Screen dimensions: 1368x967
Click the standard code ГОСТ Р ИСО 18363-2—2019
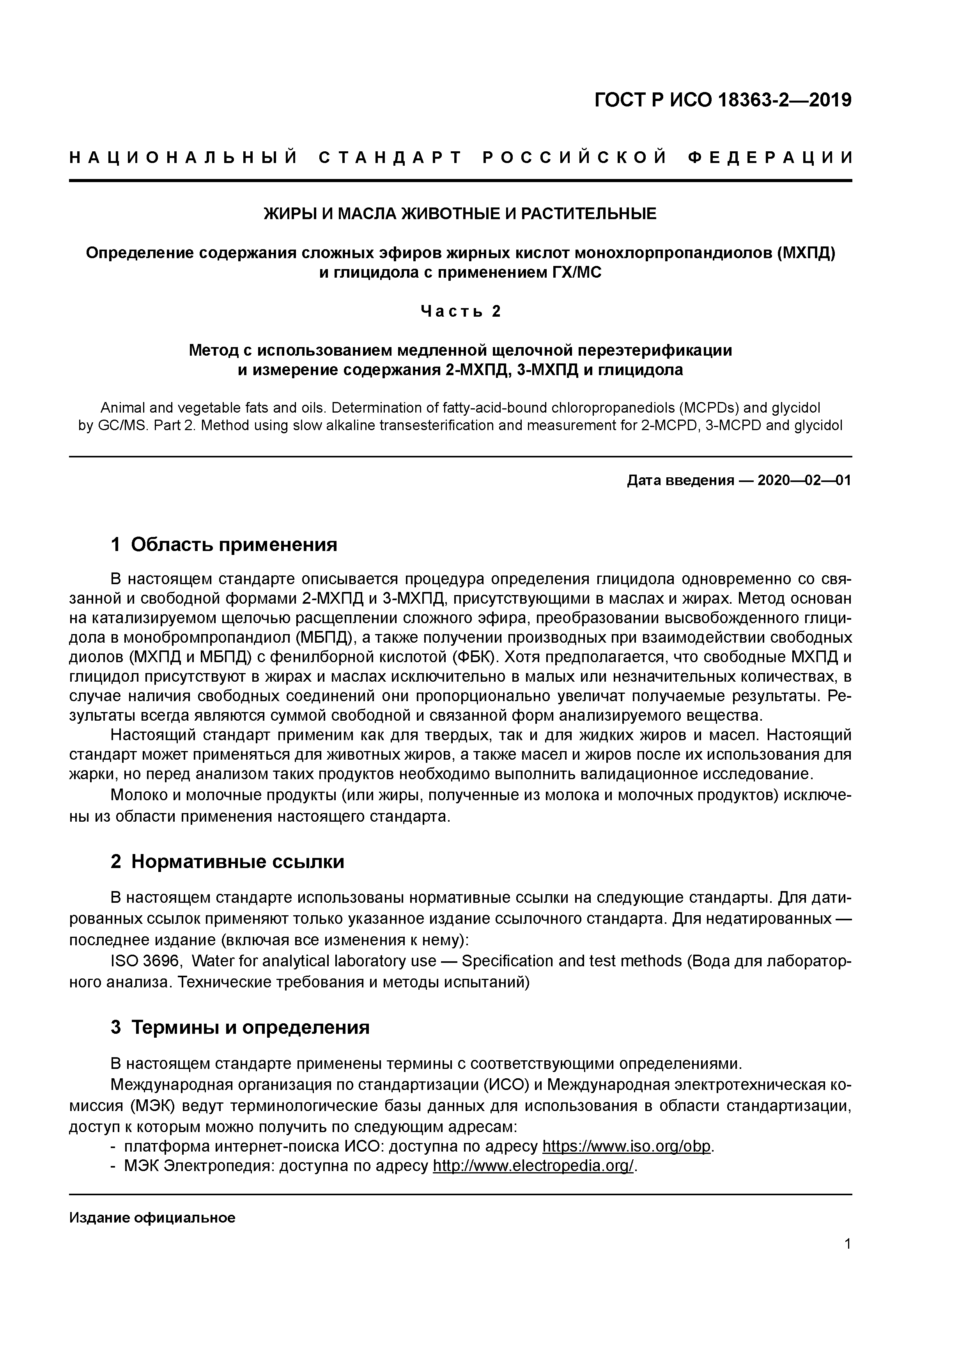click(x=723, y=100)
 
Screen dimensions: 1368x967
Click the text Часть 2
click(x=460, y=311)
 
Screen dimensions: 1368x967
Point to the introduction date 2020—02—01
click(x=804, y=480)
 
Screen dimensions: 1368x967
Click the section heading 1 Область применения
click(x=224, y=544)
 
